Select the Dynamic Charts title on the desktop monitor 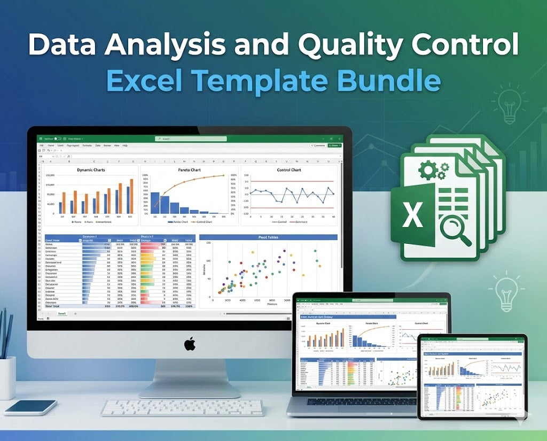(91, 170)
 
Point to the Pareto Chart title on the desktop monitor (188, 170)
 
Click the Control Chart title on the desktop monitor (289, 170)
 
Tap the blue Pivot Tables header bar (268, 237)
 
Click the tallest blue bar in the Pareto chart (155, 203)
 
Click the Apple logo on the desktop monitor (190, 344)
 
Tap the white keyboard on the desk (183, 407)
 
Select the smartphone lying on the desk (30, 407)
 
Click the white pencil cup (7, 377)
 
